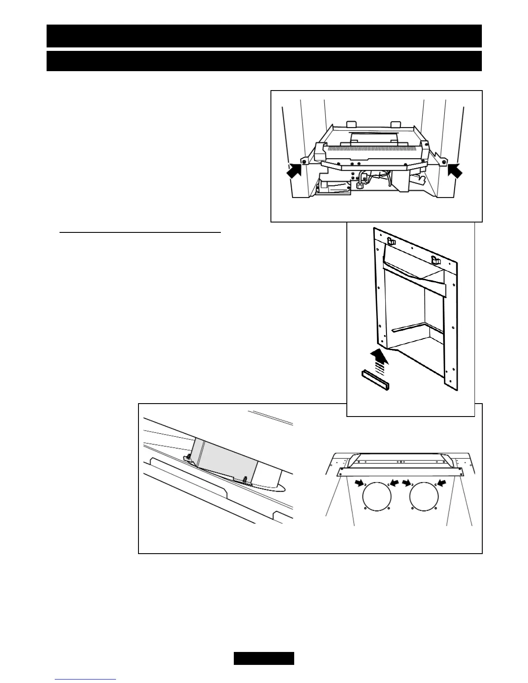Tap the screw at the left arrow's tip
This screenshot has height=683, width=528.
305,162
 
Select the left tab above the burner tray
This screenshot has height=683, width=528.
351,124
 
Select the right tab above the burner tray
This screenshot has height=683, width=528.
396,124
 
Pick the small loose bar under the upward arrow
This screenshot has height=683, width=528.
375,379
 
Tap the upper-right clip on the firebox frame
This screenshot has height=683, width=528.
435,260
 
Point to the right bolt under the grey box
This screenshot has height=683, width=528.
245,479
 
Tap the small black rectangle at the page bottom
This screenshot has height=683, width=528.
264,658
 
